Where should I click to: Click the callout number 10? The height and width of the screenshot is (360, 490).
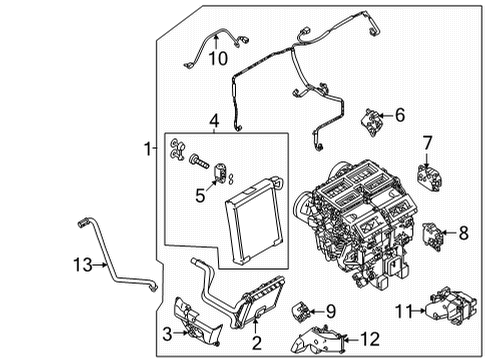218,59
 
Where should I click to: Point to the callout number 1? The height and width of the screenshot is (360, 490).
146,149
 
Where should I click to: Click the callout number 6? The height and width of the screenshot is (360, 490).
399,115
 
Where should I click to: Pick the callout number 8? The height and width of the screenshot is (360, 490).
463,234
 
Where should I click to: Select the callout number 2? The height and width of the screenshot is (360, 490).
256,344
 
